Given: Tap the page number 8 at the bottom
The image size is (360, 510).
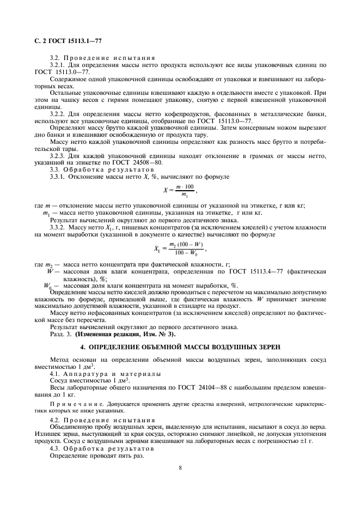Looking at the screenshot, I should [x=180, y=467].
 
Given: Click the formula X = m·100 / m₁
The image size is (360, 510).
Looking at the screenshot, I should [x=179, y=191].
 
